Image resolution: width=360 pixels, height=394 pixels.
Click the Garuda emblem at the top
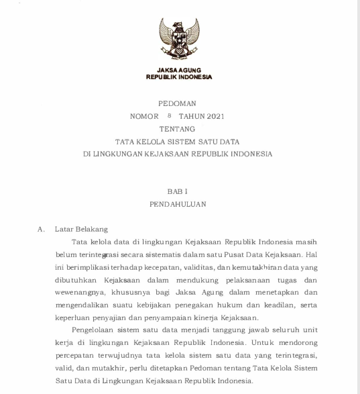(x=179, y=39)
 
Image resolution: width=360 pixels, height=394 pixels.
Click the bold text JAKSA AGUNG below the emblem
(x=179, y=70)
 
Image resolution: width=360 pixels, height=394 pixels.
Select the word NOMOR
(x=144, y=116)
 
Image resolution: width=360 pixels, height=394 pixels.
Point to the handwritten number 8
(x=170, y=115)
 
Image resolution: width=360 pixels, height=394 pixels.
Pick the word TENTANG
(x=178, y=128)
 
